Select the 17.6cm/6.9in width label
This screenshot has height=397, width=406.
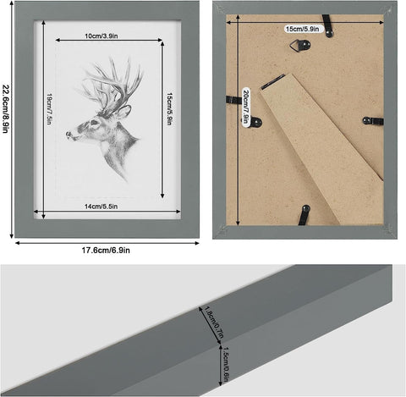point(106,250)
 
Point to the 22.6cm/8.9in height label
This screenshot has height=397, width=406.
point(7,118)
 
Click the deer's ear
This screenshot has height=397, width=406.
point(123,110)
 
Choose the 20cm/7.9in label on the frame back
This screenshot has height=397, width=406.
point(245,106)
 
